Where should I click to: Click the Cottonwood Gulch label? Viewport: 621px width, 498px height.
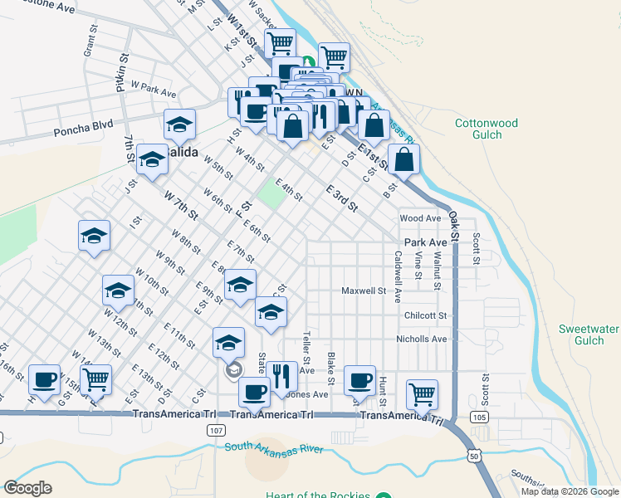pyautogui.click(x=486, y=129)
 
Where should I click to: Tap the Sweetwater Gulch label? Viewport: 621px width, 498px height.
pyautogui.click(x=588, y=334)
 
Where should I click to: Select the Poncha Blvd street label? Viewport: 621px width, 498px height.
pyautogui.click(x=82, y=131)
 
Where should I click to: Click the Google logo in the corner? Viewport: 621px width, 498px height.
pyautogui.click(x=27, y=488)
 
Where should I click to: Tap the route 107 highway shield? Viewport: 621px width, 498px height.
pyautogui.click(x=216, y=431)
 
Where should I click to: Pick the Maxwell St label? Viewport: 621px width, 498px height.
pyautogui.click(x=364, y=291)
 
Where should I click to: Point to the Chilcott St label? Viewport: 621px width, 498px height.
pyautogui.click(x=425, y=316)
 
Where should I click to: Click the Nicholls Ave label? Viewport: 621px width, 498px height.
pyautogui.click(x=422, y=339)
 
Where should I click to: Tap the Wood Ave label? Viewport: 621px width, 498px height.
pyautogui.click(x=419, y=218)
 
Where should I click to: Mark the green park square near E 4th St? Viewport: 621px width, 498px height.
pyautogui.click(x=269, y=196)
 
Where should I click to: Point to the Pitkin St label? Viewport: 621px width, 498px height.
pyautogui.click(x=121, y=74)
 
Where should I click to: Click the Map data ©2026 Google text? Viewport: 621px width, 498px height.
pyautogui.click(x=570, y=491)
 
